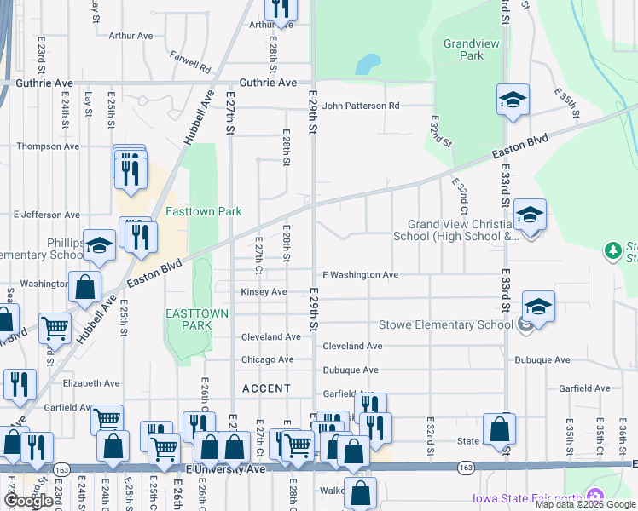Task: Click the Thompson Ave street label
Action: click(50, 146)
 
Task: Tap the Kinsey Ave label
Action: click(264, 292)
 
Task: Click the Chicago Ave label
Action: click(267, 360)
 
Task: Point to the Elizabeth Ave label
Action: click(91, 384)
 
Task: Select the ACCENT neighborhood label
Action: click(267, 388)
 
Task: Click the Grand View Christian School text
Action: click(456, 231)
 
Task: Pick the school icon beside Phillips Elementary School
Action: click(99, 246)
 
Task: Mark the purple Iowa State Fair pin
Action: click(595, 497)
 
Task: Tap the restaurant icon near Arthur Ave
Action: click(280, 8)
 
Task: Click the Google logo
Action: click(28, 502)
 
